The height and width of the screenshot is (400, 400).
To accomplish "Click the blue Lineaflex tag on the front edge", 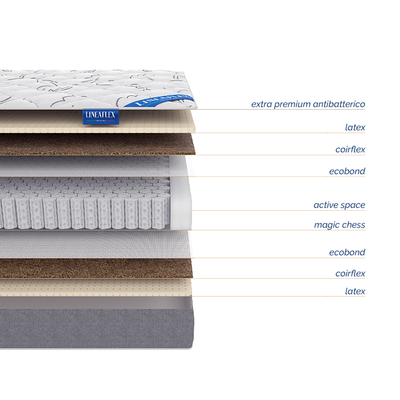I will click(x=101, y=116).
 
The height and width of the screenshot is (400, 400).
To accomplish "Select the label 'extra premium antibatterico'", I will click(x=308, y=105).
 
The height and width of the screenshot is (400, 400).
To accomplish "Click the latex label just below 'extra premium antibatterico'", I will click(x=355, y=127).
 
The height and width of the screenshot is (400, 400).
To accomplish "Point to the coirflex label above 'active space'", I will click(x=350, y=150).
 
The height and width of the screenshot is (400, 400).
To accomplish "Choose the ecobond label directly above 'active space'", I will click(x=347, y=171).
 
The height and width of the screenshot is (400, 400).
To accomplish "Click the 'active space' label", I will click(x=339, y=205).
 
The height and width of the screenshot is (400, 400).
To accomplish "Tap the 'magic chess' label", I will click(x=339, y=225).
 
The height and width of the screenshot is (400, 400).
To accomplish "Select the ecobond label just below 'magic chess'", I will click(x=347, y=253).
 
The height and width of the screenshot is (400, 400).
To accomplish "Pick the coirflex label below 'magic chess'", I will click(x=350, y=274).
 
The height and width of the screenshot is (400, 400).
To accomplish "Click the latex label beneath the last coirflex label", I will click(x=355, y=291).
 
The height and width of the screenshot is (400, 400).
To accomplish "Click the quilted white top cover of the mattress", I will click(x=86, y=89).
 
